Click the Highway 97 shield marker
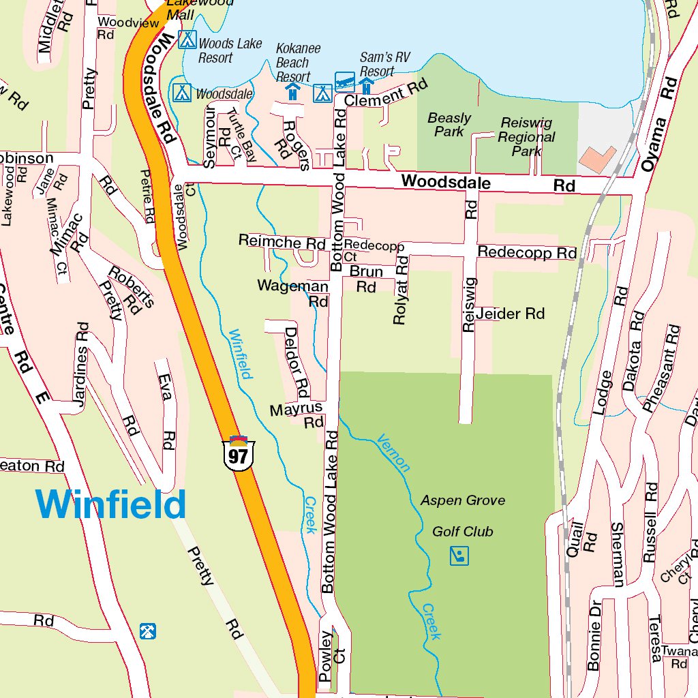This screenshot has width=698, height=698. point(238,453)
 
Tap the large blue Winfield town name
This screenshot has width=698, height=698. point(111,505)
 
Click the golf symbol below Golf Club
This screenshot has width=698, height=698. point(459,556)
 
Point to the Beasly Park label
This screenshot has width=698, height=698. point(449,125)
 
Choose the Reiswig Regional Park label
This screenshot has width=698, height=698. point(526,137)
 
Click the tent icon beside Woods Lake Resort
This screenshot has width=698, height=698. point(187,40)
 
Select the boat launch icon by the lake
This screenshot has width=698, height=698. point(345,82)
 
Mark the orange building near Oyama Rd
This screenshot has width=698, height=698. point(597,159)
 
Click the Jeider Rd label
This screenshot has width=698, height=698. point(511,314)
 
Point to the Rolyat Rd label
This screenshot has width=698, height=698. point(401,290)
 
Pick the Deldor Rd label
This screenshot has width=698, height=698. point(297,362)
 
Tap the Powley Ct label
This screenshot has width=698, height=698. point(333,657)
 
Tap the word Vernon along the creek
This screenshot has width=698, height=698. point(394,453)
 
